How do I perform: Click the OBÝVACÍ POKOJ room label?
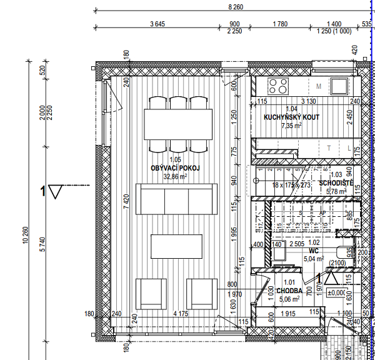[175, 168]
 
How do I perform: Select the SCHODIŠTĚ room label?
[336, 182]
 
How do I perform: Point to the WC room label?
[314, 250]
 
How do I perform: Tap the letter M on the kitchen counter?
[319, 86]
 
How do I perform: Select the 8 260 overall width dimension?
[235, 6]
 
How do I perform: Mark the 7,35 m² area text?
[291, 126]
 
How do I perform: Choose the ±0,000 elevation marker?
[338, 292]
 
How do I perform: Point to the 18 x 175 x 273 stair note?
[283, 185]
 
